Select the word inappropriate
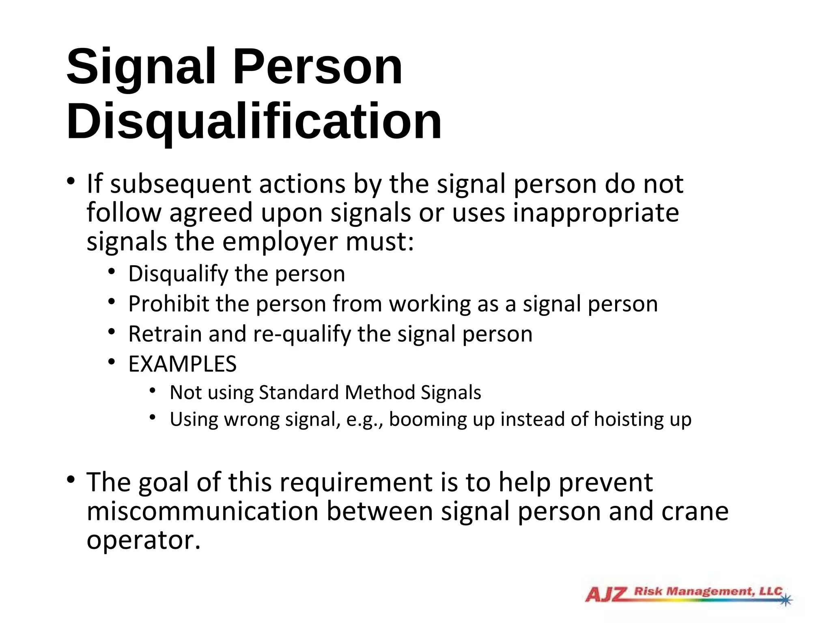coord(596,213)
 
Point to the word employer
coord(280,242)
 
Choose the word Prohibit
coord(168,304)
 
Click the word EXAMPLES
coord(182,364)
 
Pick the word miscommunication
coord(202,511)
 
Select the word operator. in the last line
coord(144,541)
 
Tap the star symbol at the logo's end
coord(786,599)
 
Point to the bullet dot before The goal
coord(71,480)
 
